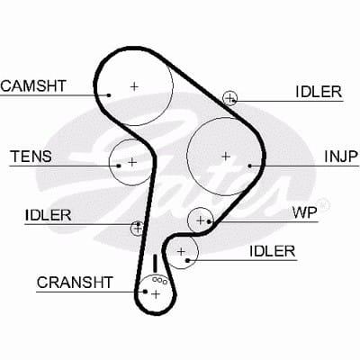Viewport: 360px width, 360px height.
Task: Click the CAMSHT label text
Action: click(x=33, y=85)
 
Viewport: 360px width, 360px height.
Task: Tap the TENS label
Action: click(x=31, y=157)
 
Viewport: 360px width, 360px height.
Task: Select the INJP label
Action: click(x=341, y=157)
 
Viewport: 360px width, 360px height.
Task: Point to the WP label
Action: click(x=305, y=212)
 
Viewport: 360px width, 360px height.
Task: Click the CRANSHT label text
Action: click(x=75, y=283)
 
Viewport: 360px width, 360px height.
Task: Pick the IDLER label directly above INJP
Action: click(x=319, y=92)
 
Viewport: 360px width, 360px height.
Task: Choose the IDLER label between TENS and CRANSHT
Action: click(x=49, y=215)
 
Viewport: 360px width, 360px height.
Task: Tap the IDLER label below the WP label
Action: click(x=273, y=251)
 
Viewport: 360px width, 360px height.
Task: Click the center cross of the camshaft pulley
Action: click(x=134, y=86)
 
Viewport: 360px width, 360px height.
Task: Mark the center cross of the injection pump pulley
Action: click(x=226, y=157)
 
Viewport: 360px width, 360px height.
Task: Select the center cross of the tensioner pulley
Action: click(x=132, y=162)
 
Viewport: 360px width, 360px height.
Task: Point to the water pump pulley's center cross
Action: click(x=200, y=220)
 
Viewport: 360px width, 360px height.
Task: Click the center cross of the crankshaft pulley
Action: click(x=156, y=294)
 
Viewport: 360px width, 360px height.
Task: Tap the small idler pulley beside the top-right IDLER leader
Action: click(x=229, y=98)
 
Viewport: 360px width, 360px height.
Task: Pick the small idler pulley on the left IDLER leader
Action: click(x=137, y=229)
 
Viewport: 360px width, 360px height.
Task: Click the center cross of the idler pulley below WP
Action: click(x=181, y=251)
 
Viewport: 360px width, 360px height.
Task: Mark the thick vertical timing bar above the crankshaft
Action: click(x=155, y=264)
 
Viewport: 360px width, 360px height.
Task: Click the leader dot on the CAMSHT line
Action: click(x=109, y=95)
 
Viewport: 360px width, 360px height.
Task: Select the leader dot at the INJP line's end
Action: click(x=249, y=166)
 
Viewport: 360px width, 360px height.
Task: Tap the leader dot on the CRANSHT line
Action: click(x=145, y=292)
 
